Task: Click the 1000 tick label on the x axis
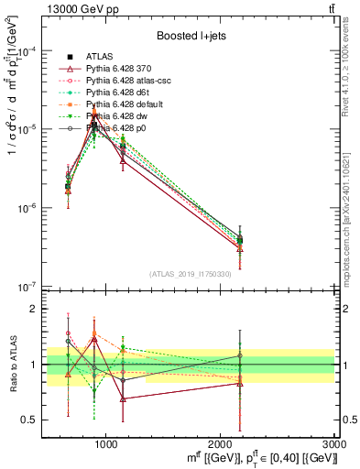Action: coord(106,443)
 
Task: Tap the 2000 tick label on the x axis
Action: coord(221,443)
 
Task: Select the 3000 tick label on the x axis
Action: coord(335,443)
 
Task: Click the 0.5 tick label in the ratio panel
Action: coord(29,420)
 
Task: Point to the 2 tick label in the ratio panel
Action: coord(34,310)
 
